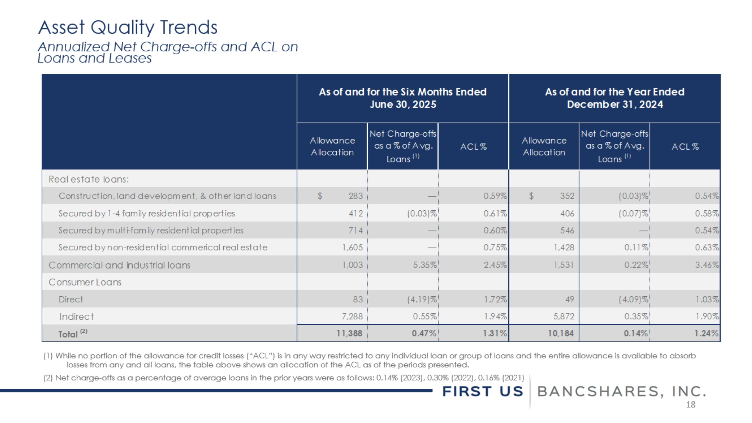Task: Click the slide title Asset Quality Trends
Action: tap(128, 27)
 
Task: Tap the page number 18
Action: tap(690, 405)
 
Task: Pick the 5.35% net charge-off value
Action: tap(425, 265)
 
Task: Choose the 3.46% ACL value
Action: tap(706, 265)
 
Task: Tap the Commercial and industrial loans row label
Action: tap(119, 265)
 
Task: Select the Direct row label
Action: tap(71, 299)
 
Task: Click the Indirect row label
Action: tap(76, 316)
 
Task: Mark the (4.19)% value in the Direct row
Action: tap(422, 299)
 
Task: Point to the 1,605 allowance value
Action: tap(352, 247)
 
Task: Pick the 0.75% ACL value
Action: tap(495, 247)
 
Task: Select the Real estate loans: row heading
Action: tap(89, 179)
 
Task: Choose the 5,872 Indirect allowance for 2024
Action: tap(564, 316)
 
